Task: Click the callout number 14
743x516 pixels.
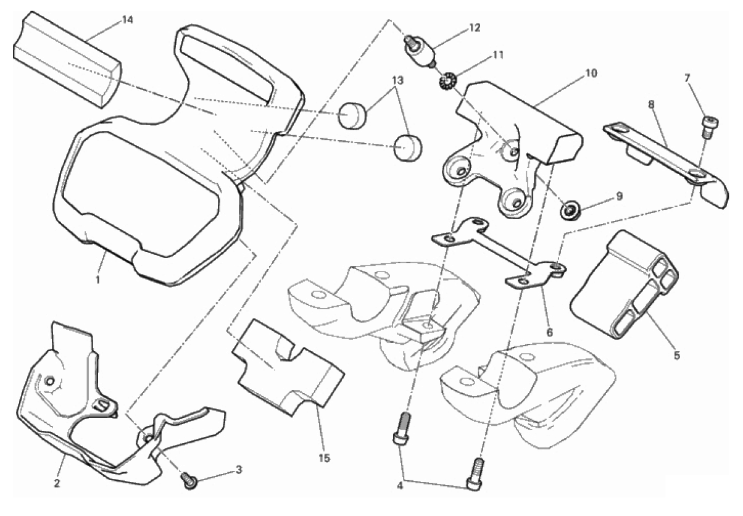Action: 127,19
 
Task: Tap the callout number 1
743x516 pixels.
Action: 98,280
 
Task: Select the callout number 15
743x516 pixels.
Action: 325,458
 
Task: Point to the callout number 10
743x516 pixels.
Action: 591,73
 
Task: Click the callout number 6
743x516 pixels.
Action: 549,332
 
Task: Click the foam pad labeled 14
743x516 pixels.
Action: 68,59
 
